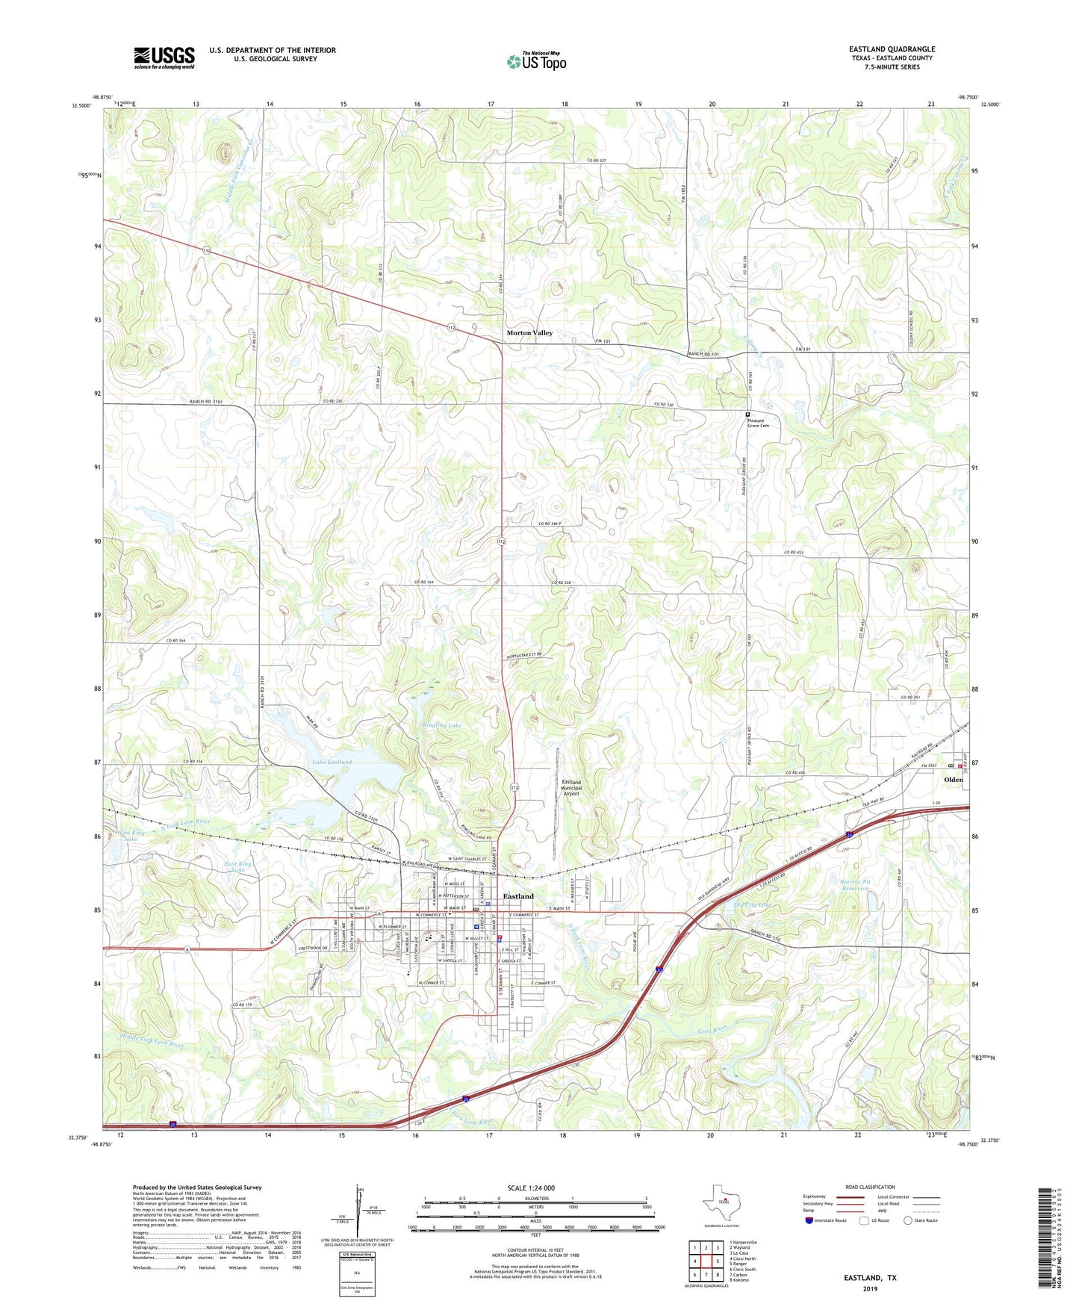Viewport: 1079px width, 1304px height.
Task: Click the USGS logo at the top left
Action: (x=164, y=58)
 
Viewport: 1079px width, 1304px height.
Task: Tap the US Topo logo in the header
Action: (x=536, y=61)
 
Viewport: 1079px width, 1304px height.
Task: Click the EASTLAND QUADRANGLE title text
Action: (x=892, y=49)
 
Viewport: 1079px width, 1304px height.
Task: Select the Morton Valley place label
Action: (x=529, y=332)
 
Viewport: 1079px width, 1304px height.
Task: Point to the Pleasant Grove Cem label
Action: (x=758, y=423)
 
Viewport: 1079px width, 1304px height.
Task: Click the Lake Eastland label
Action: (x=332, y=762)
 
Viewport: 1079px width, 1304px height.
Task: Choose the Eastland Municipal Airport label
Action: (x=570, y=788)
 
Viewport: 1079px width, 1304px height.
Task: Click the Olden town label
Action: (x=953, y=779)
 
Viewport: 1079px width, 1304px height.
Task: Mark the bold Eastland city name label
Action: (x=517, y=895)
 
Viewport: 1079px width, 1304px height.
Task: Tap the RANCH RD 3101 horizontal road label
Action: (x=206, y=402)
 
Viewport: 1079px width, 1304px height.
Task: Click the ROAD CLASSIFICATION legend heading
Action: (x=870, y=1187)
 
